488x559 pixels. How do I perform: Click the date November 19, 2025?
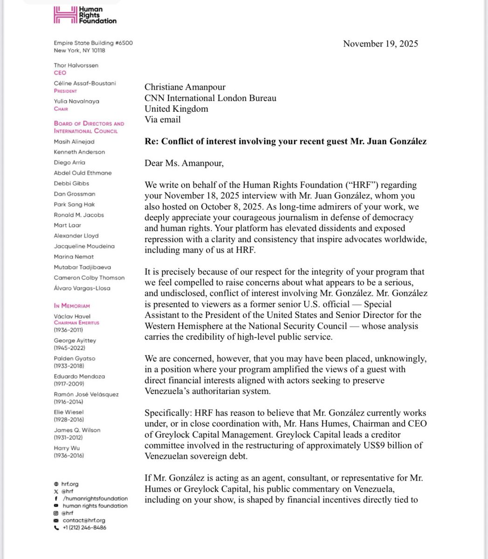380,44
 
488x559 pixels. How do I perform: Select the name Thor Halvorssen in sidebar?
76,65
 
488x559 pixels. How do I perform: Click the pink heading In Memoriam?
72,306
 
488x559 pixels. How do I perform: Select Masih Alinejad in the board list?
74,141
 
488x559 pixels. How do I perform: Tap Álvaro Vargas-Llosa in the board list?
82,288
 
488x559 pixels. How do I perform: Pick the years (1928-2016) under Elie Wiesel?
69,419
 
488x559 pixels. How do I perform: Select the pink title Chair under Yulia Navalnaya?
61,109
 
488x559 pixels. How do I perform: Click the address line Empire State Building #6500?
93,43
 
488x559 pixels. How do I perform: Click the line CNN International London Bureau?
211,98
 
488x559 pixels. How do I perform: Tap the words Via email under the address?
163,119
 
